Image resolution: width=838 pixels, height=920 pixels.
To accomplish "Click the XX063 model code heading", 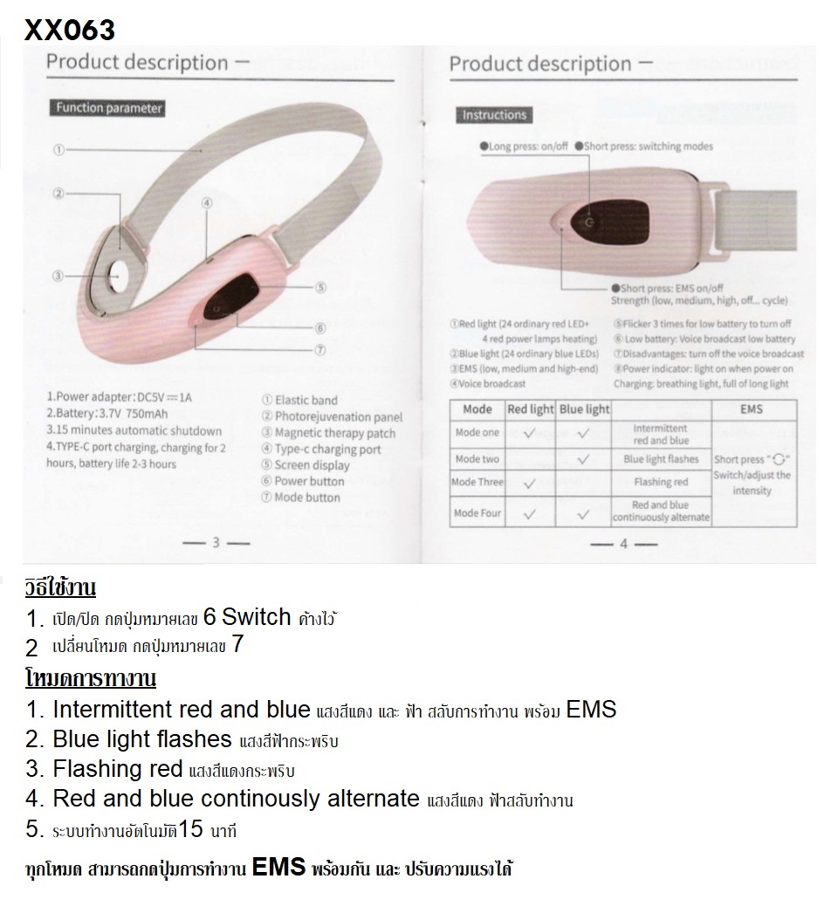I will pyautogui.click(x=70, y=30).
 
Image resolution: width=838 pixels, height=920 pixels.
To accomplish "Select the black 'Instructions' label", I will pyautogui.click(x=494, y=115).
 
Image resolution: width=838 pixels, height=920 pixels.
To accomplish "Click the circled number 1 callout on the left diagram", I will pyautogui.click(x=58, y=150).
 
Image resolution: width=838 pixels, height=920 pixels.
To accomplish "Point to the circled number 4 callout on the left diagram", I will pyautogui.click(x=207, y=203).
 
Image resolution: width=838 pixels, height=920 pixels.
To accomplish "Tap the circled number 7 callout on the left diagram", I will pyautogui.click(x=319, y=349).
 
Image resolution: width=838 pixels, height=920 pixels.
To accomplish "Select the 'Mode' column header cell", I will pyautogui.click(x=477, y=409).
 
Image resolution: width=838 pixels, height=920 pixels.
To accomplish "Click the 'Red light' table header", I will pyautogui.click(x=531, y=409).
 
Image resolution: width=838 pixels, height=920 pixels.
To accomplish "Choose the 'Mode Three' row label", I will pyautogui.click(x=477, y=482).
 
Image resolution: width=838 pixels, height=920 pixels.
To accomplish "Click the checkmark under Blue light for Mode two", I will pyautogui.click(x=583, y=458).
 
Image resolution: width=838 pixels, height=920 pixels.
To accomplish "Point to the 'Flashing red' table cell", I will pyautogui.click(x=661, y=482).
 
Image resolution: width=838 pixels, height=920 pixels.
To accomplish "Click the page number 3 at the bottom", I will pyautogui.click(x=215, y=543).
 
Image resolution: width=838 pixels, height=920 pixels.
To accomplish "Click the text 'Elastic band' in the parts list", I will pyautogui.click(x=306, y=401).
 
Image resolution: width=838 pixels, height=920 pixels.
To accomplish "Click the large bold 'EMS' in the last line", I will pyautogui.click(x=279, y=867).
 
